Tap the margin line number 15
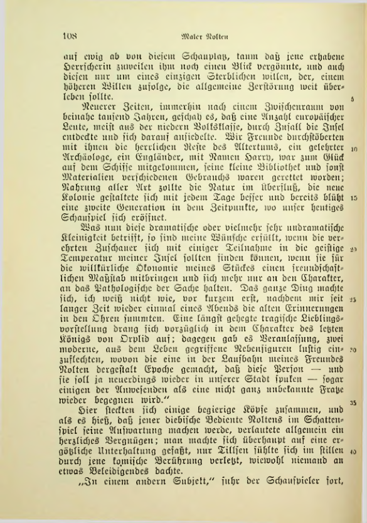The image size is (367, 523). tap(354, 198)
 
